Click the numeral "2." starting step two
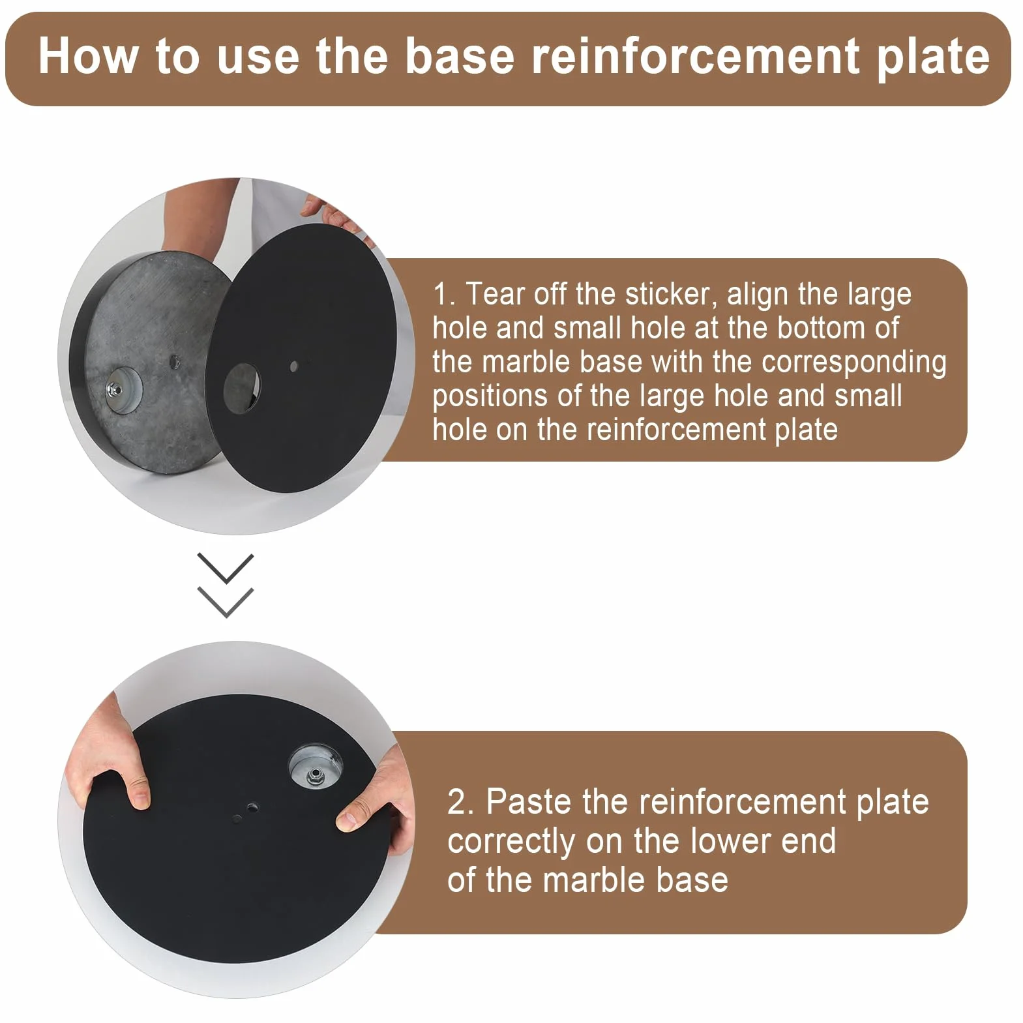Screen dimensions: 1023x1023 coord(460,803)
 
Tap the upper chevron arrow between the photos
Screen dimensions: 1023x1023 coord(226,568)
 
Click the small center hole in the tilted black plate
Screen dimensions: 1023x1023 coord(294,366)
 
